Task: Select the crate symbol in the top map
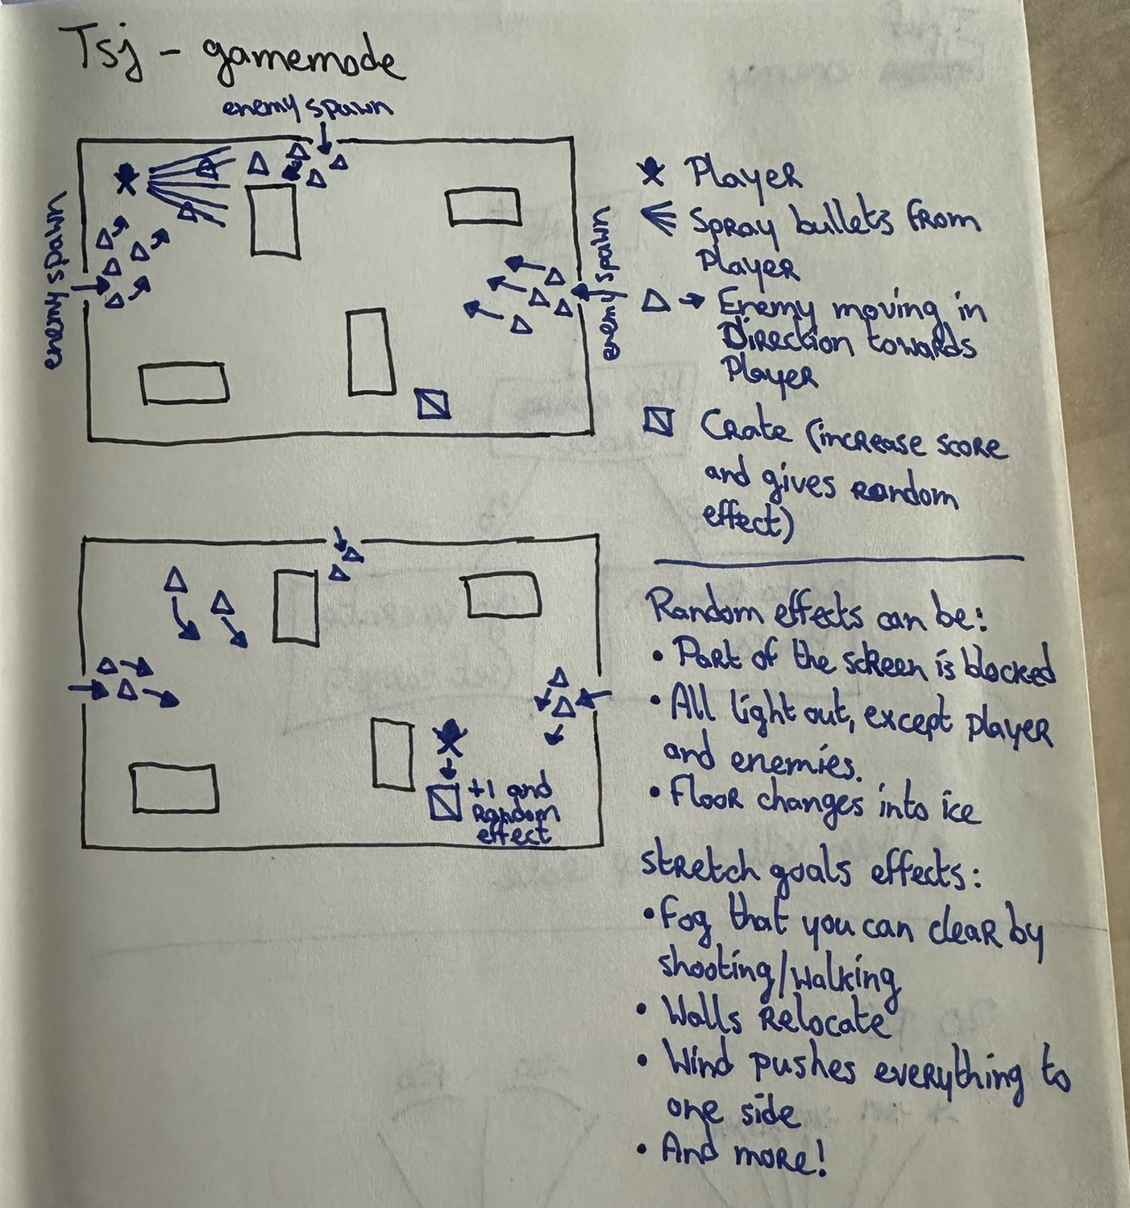click(434, 403)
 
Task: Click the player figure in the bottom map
click(448, 737)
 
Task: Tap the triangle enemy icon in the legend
click(657, 302)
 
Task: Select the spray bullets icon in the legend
click(659, 218)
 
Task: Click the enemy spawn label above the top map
click(308, 108)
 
